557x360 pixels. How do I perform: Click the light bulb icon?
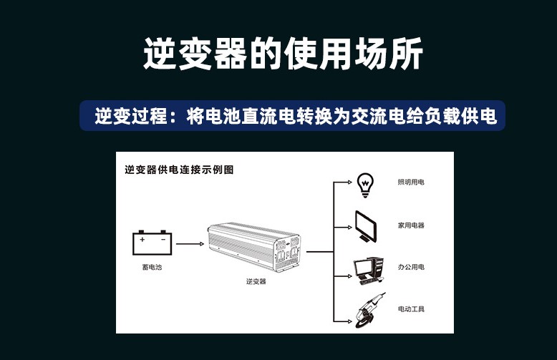(x=365, y=185)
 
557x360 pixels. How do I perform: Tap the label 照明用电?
(x=411, y=182)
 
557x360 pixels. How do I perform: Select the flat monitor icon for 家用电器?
(x=366, y=227)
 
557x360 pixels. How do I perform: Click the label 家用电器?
(x=411, y=225)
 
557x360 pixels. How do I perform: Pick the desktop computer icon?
(x=369, y=271)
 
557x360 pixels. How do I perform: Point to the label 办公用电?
(x=411, y=267)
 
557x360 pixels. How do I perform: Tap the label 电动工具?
(x=411, y=309)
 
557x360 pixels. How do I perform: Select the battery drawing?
(x=152, y=243)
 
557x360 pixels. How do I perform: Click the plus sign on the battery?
(x=142, y=240)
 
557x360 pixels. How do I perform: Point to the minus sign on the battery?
(x=163, y=240)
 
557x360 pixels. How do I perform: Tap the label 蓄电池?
(x=152, y=267)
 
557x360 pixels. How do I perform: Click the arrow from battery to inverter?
(x=190, y=244)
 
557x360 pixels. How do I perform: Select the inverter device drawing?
(x=254, y=247)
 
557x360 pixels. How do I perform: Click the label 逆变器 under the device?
(x=256, y=281)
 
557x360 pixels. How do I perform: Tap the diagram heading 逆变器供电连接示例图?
(x=179, y=170)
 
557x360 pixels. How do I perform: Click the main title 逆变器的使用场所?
(x=283, y=54)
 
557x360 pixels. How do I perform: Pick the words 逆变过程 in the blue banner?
(x=131, y=116)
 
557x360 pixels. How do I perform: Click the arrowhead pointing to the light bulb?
(x=350, y=182)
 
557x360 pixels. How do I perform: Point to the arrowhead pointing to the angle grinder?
(x=350, y=321)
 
